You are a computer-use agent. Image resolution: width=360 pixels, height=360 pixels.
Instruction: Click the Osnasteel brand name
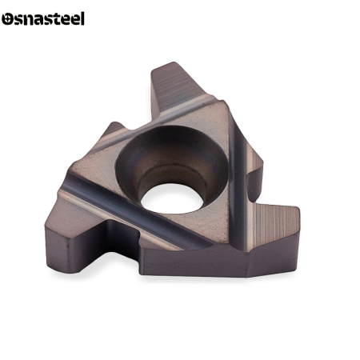click(x=43, y=18)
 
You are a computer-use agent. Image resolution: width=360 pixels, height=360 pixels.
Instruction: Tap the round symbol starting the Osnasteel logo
click(x=7, y=19)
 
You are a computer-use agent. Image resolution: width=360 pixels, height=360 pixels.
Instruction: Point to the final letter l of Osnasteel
click(x=82, y=18)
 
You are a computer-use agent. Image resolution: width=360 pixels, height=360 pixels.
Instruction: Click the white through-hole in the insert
click(x=172, y=198)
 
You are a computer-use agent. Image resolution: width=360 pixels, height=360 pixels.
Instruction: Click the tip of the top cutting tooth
click(x=174, y=63)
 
